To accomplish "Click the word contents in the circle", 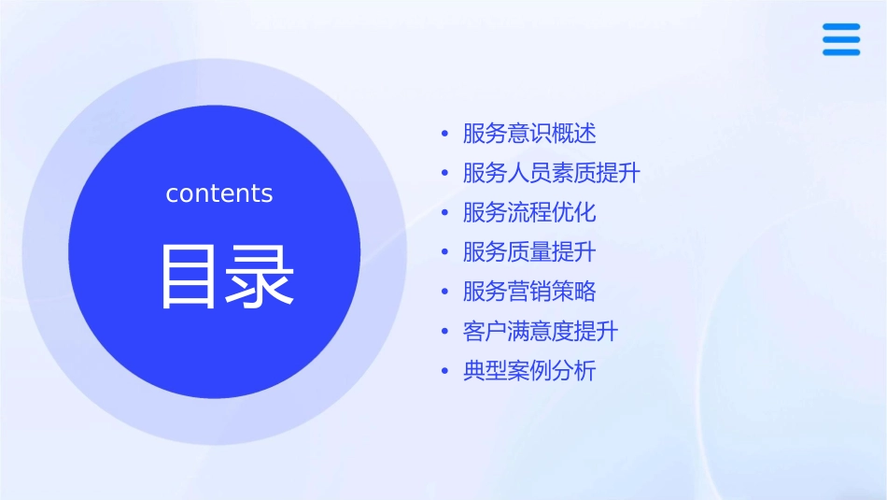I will pyautogui.click(x=219, y=193).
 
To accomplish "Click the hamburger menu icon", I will pyautogui.click(x=841, y=39).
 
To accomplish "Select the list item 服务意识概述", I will pyautogui.click(x=529, y=134).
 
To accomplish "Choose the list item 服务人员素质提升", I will pyautogui.click(x=552, y=173).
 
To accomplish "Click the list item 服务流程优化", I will pyautogui.click(x=529, y=212).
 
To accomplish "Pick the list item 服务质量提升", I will pyautogui.click(x=529, y=252).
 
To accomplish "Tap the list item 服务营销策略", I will pyautogui.click(x=529, y=292).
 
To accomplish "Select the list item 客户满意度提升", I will pyautogui.click(x=541, y=332).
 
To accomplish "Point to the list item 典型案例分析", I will pyautogui.click(x=529, y=371).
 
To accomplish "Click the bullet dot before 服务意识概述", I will pyautogui.click(x=445, y=134).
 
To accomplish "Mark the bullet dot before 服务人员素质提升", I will pyautogui.click(x=445, y=174).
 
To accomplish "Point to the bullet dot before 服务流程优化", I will pyautogui.click(x=445, y=213).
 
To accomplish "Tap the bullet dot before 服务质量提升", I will pyautogui.click(x=445, y=253).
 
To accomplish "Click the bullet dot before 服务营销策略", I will pyautogui.click(x=445, y=293).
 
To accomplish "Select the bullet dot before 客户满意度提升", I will pyautogui.click(x=445, y=333).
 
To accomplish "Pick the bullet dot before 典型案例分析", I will pyautogui.click(x=445, y=372).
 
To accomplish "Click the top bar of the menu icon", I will pyautogui.click(x=841, y=26).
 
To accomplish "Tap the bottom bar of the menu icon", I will pyautogui.click(x=841, y=52).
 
